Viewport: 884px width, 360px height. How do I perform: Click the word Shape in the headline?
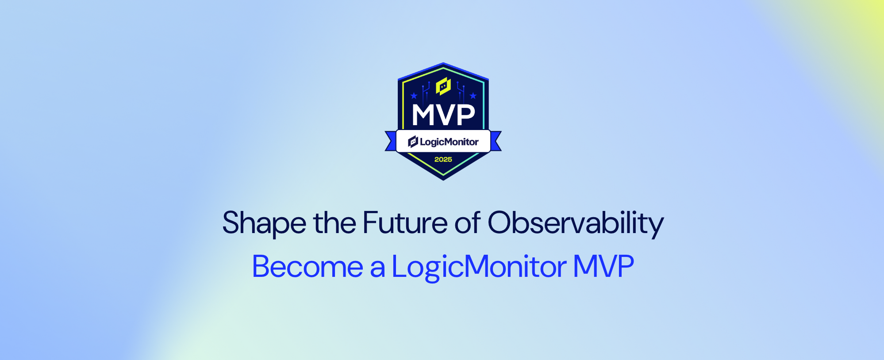[264, 223]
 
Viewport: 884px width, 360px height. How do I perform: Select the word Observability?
[576, 223]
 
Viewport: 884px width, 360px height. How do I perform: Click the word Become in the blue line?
[307, 267]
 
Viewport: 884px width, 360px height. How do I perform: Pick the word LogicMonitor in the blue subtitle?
[479, 267]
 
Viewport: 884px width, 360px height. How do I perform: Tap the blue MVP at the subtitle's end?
[603, 266]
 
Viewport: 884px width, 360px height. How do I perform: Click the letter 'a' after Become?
[377, 268]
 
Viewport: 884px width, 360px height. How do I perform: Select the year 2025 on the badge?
[443, 160]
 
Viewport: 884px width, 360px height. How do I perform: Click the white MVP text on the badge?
[443, 115]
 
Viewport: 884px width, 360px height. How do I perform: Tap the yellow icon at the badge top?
[443, 86]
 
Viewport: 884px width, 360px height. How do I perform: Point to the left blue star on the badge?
[414, 96]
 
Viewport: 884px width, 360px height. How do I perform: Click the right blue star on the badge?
[473, 96]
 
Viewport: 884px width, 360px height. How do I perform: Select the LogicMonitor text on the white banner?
[449, 142]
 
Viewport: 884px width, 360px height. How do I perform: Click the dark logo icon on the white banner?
[413, 142]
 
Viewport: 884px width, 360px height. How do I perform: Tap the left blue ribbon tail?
[390, 141]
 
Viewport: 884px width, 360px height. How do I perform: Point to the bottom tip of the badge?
[443, 180]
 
